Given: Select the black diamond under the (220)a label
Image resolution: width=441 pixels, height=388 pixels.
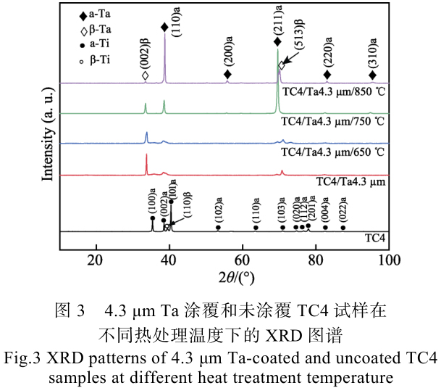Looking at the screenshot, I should coord(327,75).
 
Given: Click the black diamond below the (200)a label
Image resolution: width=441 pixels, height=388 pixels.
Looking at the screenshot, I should coord(227,75).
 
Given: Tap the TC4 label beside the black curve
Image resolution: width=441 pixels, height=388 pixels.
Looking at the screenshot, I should coord(374,238).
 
